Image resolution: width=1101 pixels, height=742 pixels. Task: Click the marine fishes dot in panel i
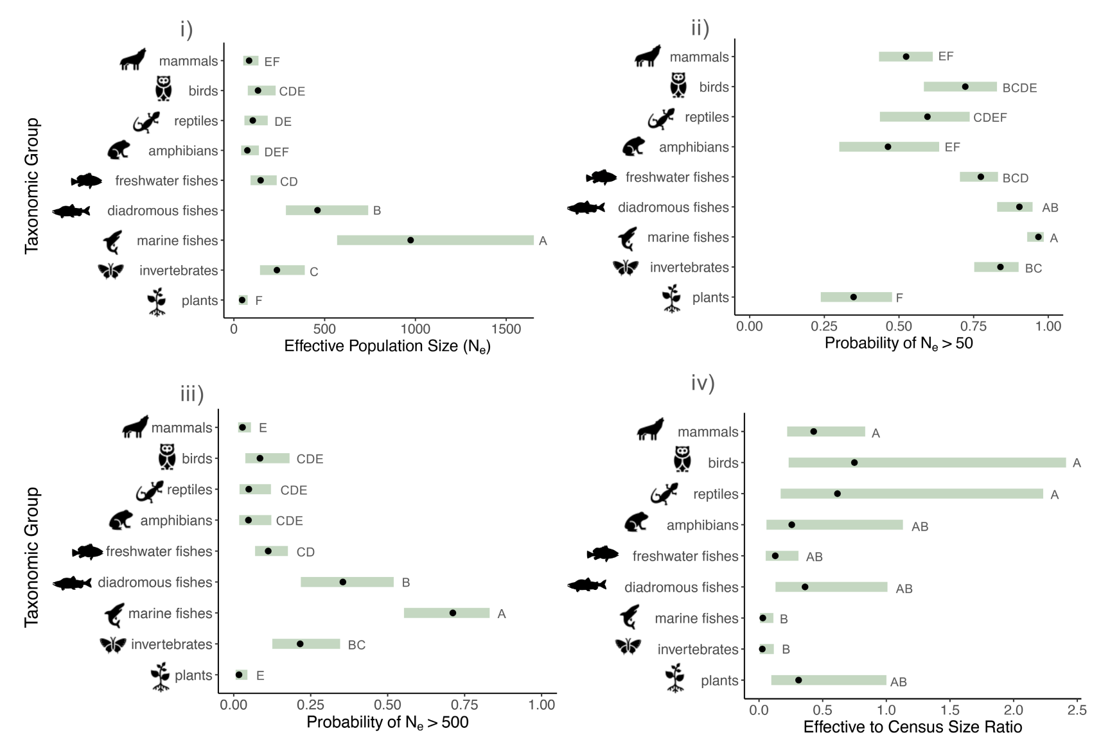[410, 240]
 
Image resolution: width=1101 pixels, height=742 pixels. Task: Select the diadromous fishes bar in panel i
[326, 211]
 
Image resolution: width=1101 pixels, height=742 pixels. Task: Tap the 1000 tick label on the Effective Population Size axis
[415, 329]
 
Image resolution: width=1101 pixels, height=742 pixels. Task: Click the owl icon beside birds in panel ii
[678, 85]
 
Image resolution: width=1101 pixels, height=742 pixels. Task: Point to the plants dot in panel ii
[853, 297]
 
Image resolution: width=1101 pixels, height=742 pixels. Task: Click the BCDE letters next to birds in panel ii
[1019, 88]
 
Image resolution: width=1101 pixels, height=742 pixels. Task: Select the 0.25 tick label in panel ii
[824, 326]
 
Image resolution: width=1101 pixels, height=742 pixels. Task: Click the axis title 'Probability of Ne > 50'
[898, 343]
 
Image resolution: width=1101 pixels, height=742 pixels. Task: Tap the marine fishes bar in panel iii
[446, 613]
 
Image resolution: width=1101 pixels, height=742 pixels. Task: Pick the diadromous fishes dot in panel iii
[343, 582]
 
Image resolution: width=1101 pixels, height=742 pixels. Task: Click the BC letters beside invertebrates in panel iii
[357, 645]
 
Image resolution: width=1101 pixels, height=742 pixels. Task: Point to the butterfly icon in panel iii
[113, 644]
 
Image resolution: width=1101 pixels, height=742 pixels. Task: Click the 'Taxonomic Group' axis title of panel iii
[32, 557]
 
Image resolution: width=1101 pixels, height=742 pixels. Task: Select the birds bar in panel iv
[926, 463]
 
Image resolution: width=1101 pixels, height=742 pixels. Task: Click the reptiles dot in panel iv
[837, 494]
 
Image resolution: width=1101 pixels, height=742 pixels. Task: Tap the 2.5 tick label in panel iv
[1077, 711]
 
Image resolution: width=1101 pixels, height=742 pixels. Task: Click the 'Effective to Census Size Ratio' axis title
[912, 727]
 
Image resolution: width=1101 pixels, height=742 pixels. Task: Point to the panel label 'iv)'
[703, 383]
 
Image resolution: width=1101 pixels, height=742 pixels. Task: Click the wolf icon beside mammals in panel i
[133, 60]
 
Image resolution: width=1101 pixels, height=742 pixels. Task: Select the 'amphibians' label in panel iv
[702, 525]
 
